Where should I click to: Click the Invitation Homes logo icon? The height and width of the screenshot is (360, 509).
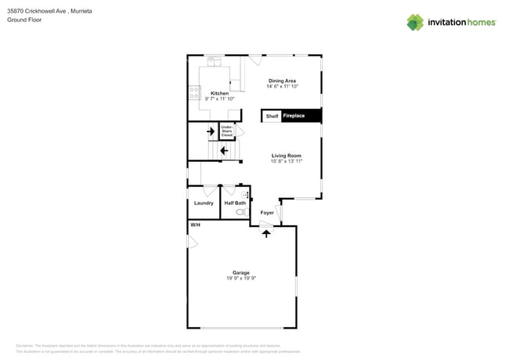click(x=415, y=22)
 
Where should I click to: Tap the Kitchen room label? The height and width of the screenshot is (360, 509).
click(x=219, y=93)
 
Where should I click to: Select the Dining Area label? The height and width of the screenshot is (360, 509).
click(x=282, y=81)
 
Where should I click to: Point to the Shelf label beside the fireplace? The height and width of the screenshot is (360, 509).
click(x=272, y=116)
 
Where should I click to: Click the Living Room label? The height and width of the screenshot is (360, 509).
click(x=286, y=156)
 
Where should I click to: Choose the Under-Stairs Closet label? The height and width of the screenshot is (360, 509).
click(x=226, y=131)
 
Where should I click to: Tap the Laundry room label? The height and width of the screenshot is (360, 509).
click(x=204, y=203)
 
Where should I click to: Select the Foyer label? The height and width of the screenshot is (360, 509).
click(x=267, y=212)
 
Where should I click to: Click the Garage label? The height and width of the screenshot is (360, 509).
click(x=241, y=272)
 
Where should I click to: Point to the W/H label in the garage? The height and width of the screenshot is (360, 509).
click(x=195, y=225)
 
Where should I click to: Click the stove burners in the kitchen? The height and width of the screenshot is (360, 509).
click(x=194, y=93)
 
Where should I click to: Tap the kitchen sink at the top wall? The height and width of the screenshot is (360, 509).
click(x=215, y=61)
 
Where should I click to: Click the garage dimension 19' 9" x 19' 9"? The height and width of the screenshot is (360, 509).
click(x=241, y=279)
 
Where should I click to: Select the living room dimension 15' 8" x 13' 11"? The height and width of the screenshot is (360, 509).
click(x=286, y=162)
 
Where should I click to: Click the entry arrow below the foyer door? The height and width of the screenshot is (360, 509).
click(x=265, y=232)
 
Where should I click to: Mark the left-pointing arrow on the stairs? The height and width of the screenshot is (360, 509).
click(x=224, y=150)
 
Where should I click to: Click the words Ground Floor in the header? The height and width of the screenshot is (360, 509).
click(x=24, y=20)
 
